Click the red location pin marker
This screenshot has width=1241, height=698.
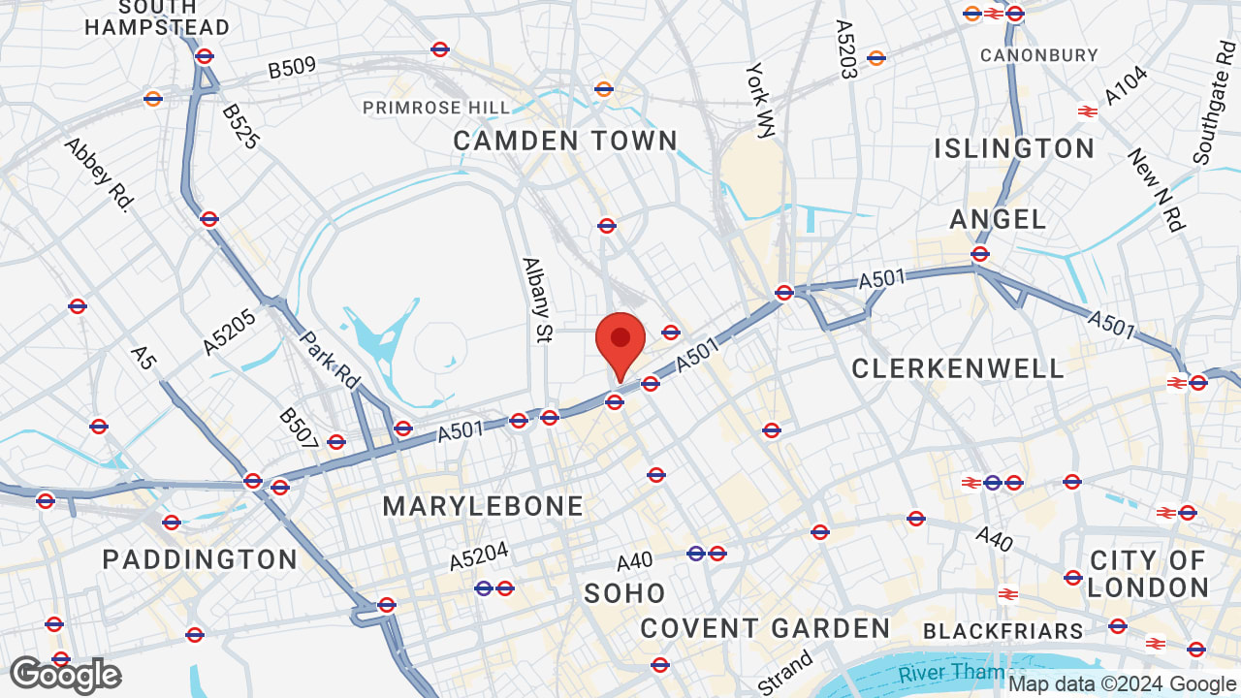620,341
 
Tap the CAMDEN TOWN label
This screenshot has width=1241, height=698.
565,142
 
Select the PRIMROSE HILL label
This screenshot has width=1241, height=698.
436,108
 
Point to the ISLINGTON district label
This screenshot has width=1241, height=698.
1014,149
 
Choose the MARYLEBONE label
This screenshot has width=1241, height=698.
483,506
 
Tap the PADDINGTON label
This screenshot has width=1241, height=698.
200,559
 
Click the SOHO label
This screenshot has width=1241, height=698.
624,593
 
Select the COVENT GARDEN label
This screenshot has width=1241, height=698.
765,628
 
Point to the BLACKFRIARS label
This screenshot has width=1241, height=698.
1002,632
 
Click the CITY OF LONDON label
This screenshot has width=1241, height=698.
1148,574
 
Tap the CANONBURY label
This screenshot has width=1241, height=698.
1038,55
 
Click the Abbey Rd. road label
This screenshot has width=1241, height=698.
98,174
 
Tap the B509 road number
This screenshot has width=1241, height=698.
292,68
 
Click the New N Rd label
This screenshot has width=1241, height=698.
1156,190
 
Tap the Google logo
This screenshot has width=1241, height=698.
65,676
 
